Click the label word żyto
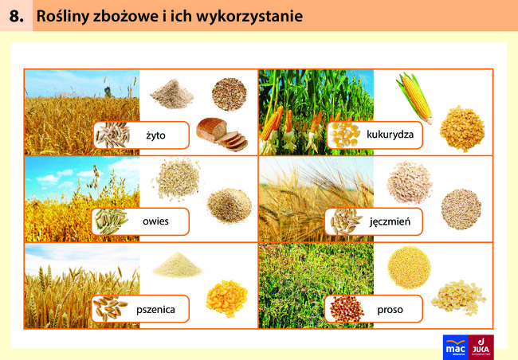[155, 135]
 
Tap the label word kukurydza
[390, 135]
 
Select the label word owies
[155, 221]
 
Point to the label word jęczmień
[390, 221]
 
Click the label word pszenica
[155, 310]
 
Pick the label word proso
[390, 310]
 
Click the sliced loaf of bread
[222, 134]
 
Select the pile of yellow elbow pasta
[226, 298]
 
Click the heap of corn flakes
[462, 129]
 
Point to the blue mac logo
[456, 347]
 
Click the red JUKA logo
[481, 347]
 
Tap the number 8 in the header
[16, 16]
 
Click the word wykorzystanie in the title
[249, 16]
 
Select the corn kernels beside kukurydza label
[344, 135]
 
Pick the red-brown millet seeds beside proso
[347, 309]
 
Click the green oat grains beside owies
[110, 221]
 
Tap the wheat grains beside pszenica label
[109, 308]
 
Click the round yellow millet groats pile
[410, 267]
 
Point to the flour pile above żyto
[172, 93]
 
